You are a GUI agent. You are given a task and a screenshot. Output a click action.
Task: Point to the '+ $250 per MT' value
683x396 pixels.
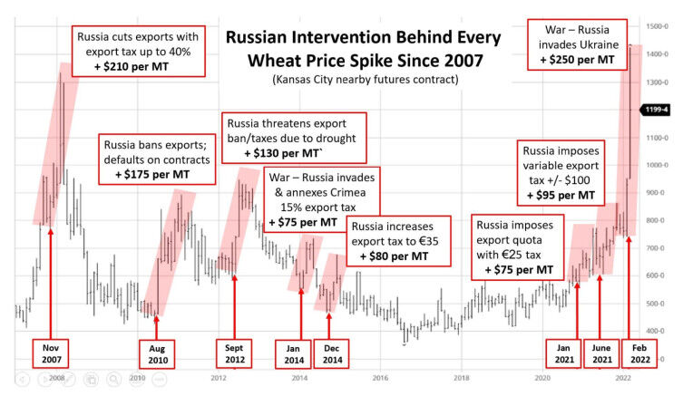click(582, 60)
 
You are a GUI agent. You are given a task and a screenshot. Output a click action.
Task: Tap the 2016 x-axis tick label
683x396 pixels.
click(380, 377)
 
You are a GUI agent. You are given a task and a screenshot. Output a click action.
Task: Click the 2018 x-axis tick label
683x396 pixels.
click(461, 377)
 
